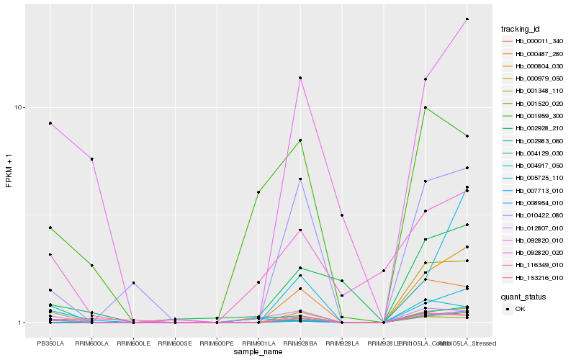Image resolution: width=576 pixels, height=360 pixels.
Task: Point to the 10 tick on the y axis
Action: point(20,107)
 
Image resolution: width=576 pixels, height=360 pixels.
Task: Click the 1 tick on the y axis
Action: point(22,323)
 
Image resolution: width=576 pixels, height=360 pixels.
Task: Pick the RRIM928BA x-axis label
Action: point(300,343)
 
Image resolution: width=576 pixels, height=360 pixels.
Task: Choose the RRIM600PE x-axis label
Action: point(217,343)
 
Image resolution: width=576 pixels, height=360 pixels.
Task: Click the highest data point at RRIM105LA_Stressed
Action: point(467,19)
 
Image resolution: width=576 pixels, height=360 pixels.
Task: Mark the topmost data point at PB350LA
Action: point(50,123)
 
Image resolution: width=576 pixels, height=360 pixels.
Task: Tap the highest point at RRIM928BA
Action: point(300,78)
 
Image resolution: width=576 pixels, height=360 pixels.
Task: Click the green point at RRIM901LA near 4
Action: point(258,192)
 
